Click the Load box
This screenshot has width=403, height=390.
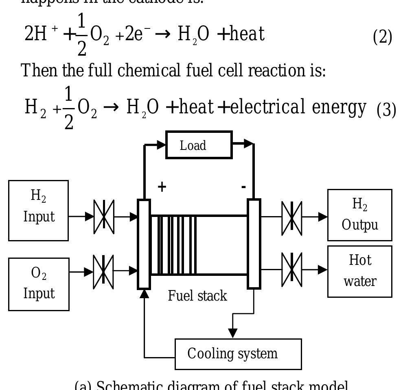pos(199,145)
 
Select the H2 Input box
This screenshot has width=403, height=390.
pos(39,210)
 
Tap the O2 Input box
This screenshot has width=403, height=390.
pos(39,284)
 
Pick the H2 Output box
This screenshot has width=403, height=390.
pos(360,215)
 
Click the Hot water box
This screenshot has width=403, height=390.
pos(360,271)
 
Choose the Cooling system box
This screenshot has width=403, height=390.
pos(238,354)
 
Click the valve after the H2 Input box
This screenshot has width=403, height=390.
pos(104,217)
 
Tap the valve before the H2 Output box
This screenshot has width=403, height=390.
pos(292,217)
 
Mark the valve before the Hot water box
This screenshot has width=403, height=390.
pos(292,269)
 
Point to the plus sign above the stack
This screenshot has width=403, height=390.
pos(162,187)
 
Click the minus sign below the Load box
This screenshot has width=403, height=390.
pos(243,187)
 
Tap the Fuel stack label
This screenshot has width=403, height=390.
pos(197,296)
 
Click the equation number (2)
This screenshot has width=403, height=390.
pos(383,37)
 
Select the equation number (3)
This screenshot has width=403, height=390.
pos(386,110)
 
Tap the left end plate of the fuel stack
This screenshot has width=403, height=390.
pos(144,244)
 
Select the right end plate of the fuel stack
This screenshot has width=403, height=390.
pos(254,244)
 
